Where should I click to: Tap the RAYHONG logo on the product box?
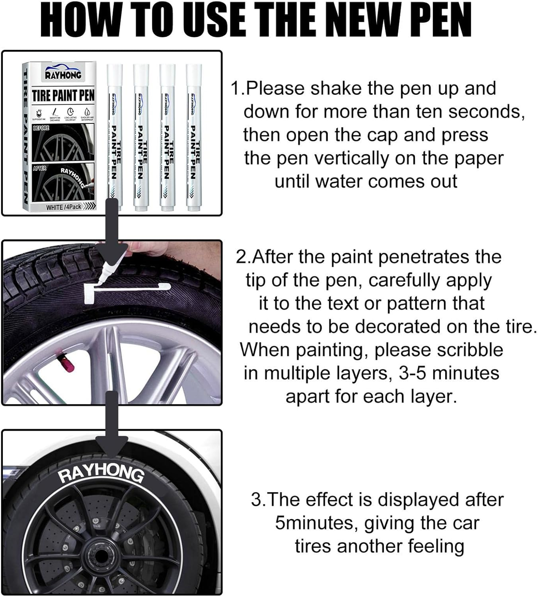63,74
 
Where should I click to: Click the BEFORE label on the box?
41,128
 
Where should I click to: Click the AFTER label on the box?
39,168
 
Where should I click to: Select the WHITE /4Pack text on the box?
64,207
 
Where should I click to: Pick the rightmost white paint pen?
194,135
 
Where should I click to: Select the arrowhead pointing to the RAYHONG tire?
112,445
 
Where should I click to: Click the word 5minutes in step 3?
317,523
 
